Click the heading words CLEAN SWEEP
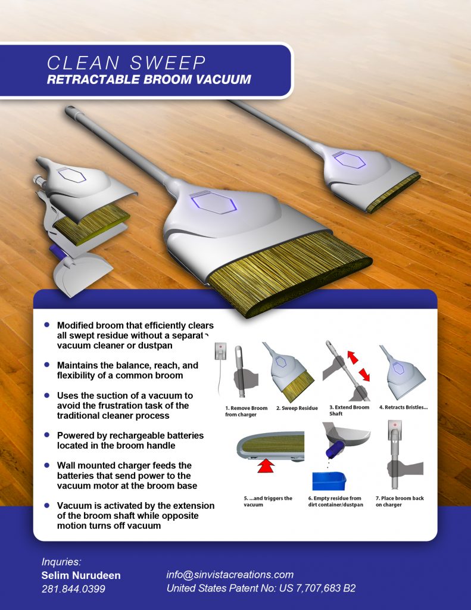click(x=126, y=63)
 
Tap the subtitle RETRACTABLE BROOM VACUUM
click(x=149, y=79)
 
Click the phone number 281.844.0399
click(x=73, y=589)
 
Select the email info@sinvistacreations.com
click(x=230, y=575)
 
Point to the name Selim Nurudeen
click(x=81, y=575)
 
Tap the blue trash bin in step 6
click(x=329, y=481)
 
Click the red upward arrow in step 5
click(x=266, y=465)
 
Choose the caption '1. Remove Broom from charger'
click(x=246, y=411)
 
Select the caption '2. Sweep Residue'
click(x=297, y=408)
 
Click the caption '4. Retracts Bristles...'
click(x=403, y=407)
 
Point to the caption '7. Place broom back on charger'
click(x=400, y=501)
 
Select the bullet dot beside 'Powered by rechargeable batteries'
click(x=47, y=434)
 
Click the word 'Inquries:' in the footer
click(x=61, y=562)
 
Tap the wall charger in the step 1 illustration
click(x=220, y=351)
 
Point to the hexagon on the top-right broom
click(x=349, y=160)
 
